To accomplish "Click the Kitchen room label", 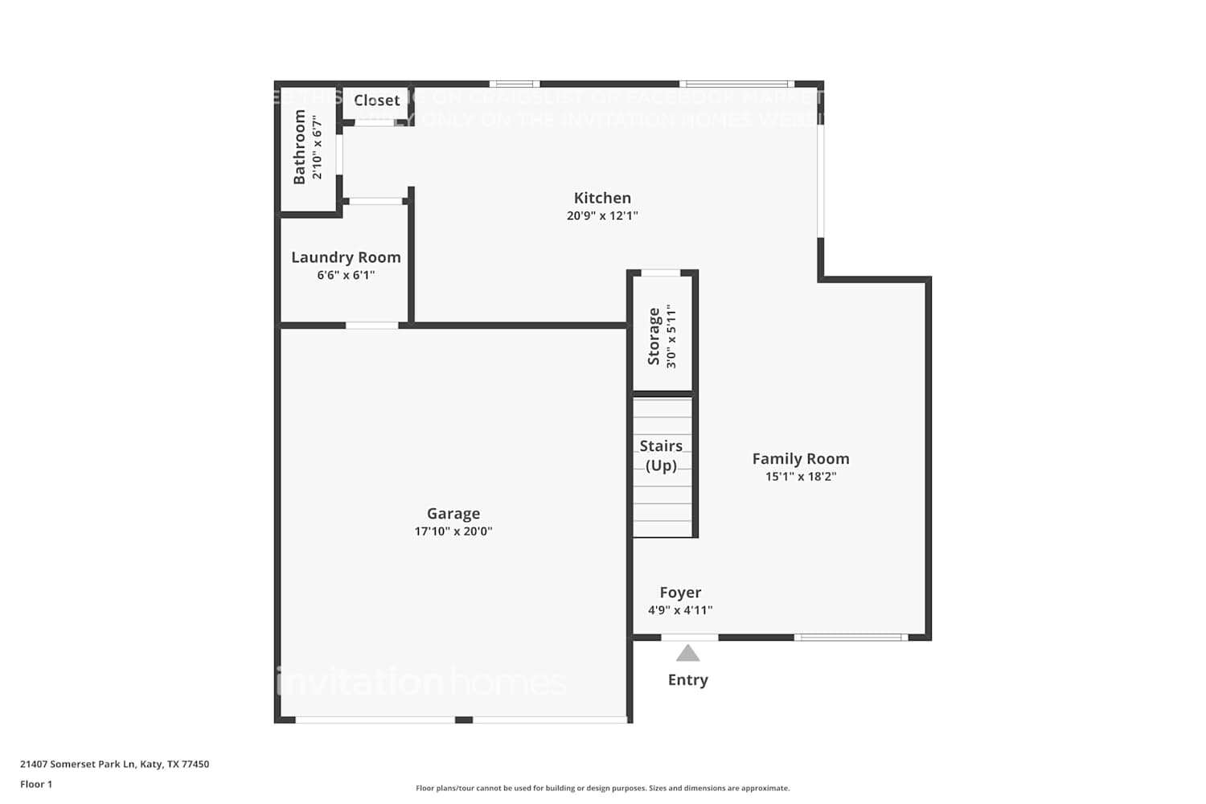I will tap(602, 198).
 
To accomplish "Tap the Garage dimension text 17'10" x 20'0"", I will tap(453, 531).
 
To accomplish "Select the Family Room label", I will tap(800, 458).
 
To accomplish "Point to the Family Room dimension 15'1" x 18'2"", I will tap(800, 477).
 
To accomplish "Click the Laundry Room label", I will tap(346, 257).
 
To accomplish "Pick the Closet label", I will tap(376, 100).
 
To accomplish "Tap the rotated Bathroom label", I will tap(300, 147).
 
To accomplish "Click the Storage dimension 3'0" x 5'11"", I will tap(671, 336).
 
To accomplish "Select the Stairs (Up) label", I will tap(661, 456).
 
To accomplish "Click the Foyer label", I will tap(680, 593).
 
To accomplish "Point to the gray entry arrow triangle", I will tap(687, 654).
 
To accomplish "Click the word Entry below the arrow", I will tap(687, 680).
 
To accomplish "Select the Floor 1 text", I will tap(36, 785).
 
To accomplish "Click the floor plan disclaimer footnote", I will tap(602, 789).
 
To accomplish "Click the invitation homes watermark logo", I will tap(421, 683).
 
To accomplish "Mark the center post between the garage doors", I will tap(464, 720).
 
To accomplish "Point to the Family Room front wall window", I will tap(851, 638).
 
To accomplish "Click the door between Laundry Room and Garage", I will tap(371, 326).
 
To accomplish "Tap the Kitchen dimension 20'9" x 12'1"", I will tap(602, 215).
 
